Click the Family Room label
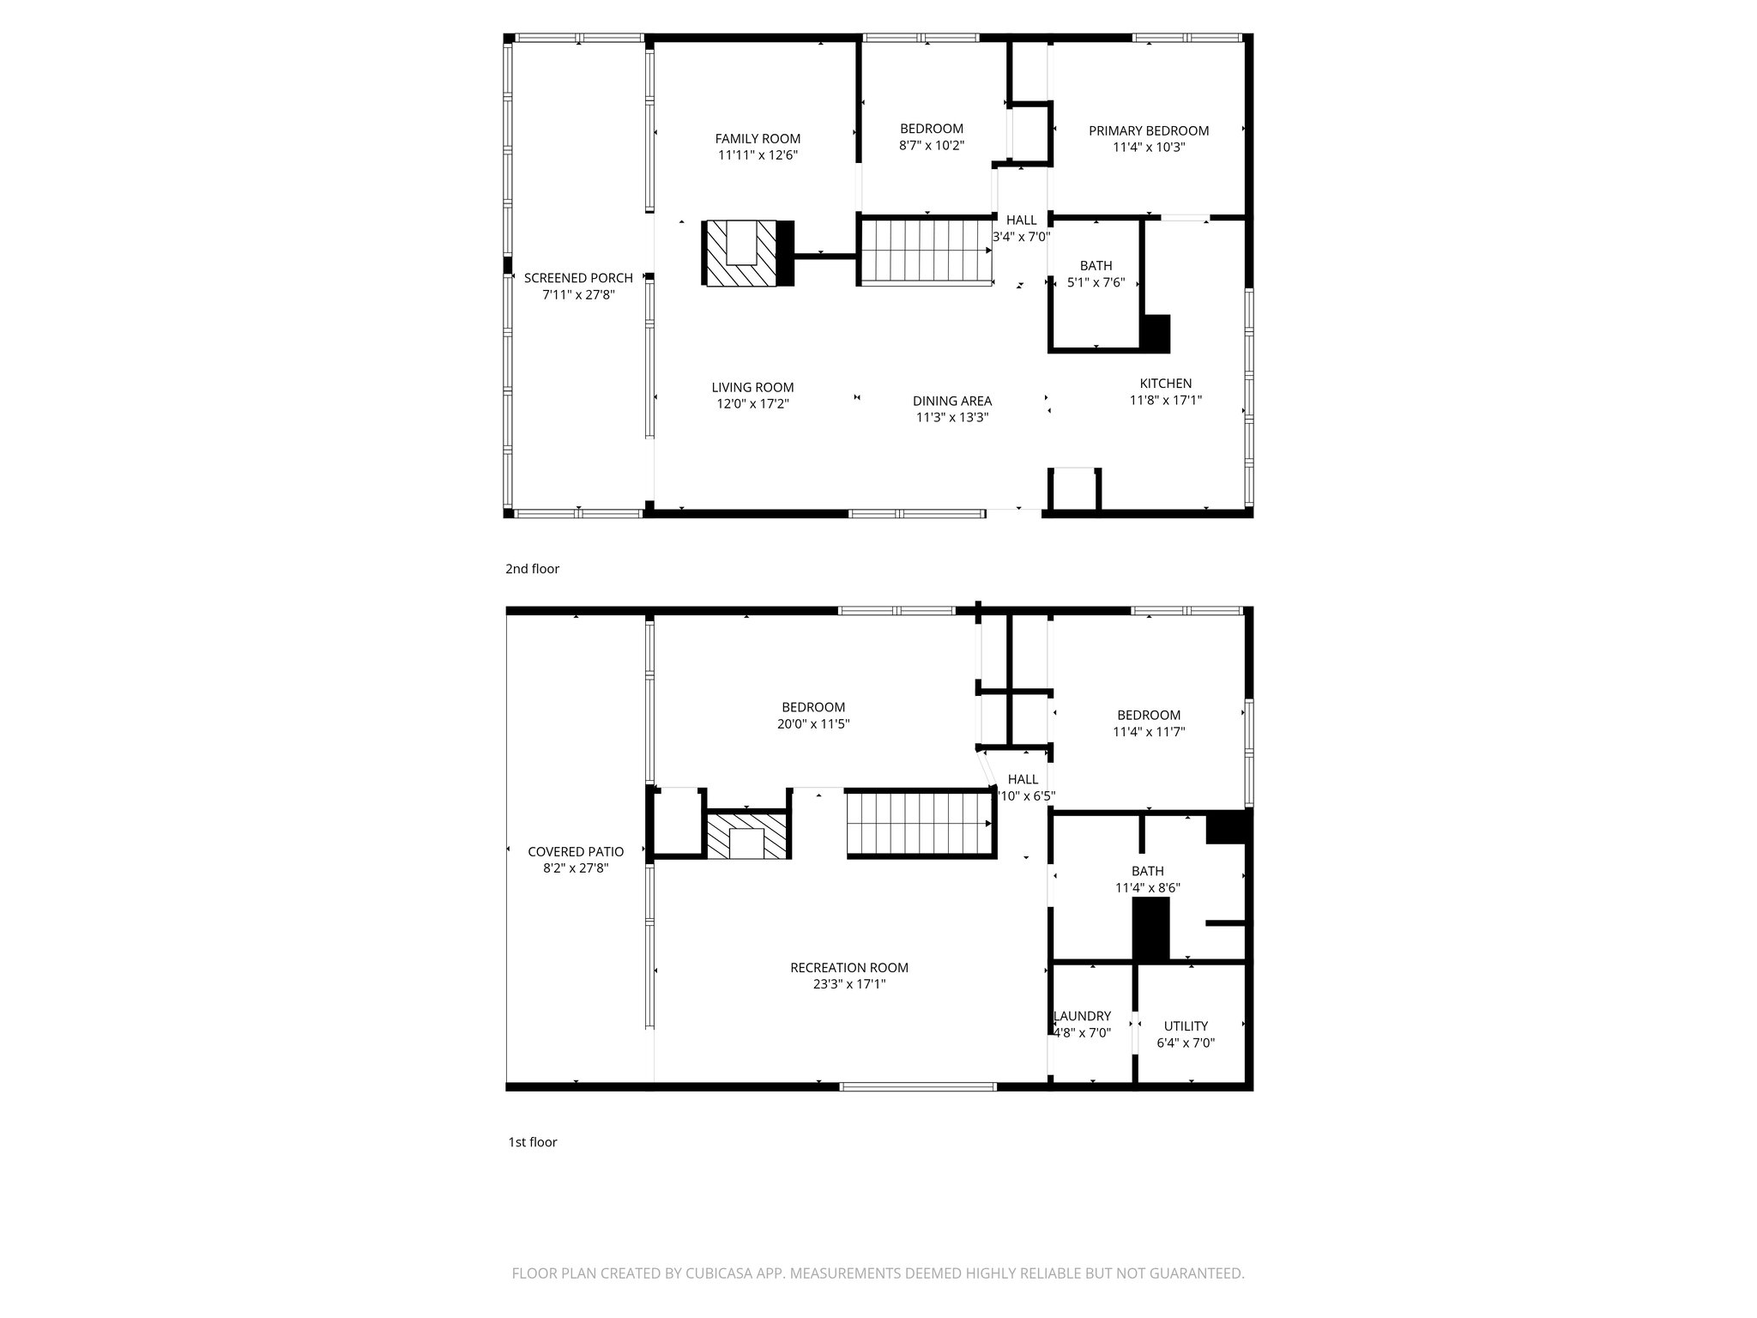tap(758, 139)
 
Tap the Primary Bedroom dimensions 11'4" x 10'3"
tap(1149, 148)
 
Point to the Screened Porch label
tap(578, 278)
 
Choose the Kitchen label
tap(1165, 384)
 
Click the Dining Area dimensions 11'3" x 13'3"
tap(952, 418)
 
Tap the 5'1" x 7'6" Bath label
tap(1096, 266)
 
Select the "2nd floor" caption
tap(532, 569)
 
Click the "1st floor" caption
tap(532, 1142)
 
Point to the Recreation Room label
tap(848, 968)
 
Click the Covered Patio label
tap(576, 852)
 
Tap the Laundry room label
tap(1082, 1016)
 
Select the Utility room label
tap(1186, 1026)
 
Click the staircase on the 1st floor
tap(920, 824)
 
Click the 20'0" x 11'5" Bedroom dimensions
tap(813, 724)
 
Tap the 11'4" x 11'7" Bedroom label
tap(1149, 716)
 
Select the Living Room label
tap(752, 388)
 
